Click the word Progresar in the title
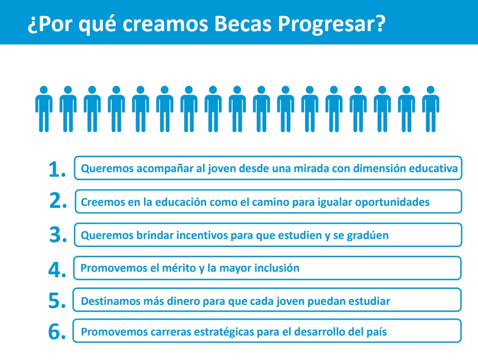[x=332, y=24]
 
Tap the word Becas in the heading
[x=243, y=23]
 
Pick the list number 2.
[x=58, y=201]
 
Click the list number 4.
[x=57, y=270]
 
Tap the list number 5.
[x=57, y=300]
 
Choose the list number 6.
[x=57, y=331]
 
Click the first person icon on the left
[x=44, y=109]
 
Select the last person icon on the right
[x=431, y=109]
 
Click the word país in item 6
[x=378, y=332]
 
